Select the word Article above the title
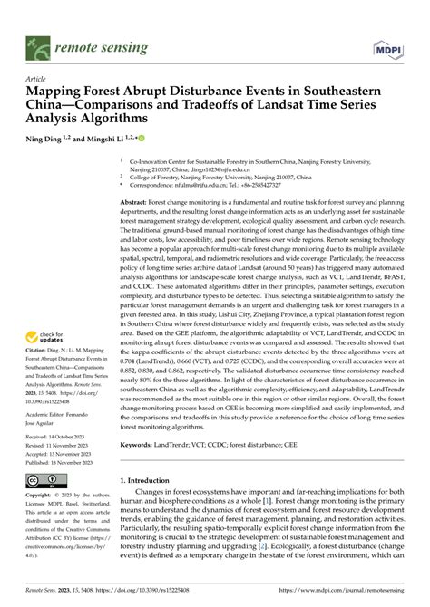click(37, 79)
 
